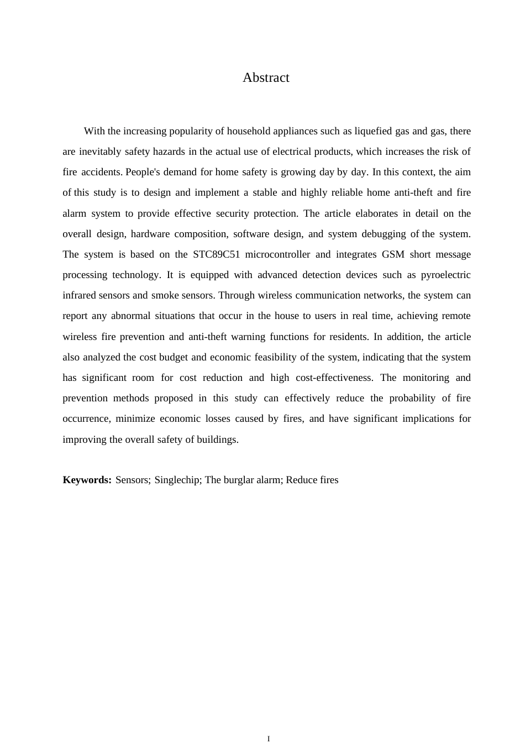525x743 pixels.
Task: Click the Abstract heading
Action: coord(266,78)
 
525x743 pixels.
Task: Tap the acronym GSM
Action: coord(392,254)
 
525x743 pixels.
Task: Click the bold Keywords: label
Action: coord(87,480)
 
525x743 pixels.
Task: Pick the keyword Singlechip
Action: coord(177,480)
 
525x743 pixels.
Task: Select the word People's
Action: coord(143,172)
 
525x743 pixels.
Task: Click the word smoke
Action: coord(165,295)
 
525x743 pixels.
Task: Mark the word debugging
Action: coord(384,234)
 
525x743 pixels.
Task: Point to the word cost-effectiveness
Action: coord(332,378)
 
